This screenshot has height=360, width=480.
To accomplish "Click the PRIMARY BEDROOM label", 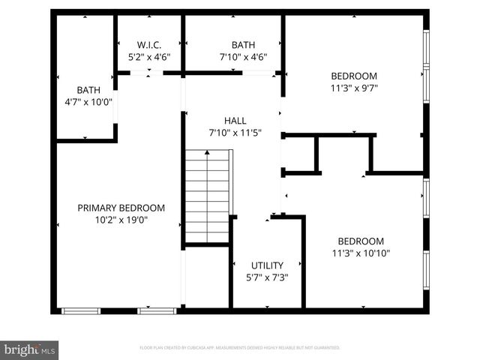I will pyautogui.click(x=121, y=208).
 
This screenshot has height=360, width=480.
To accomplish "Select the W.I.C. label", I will pyautogui.click(x=149, y=44).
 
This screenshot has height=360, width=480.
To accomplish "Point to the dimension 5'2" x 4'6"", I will pyautogui.click(x=149, y=56).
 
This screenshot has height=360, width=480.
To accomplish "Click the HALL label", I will pyautogui.click(x=235, y=121).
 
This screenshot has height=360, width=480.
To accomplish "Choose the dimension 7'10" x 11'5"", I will pyautogui.click(x=235, y=133).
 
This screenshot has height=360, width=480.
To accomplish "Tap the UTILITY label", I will pyautogui.click(x=267, y=265).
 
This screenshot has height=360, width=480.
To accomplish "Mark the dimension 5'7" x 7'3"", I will pyautogui.click(x=267, y=277).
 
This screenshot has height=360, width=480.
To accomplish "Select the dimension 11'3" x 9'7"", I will pyautogui.click(x=354, y=88).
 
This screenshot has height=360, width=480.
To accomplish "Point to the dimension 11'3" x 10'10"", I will pyautogui.click(x=361, y=253).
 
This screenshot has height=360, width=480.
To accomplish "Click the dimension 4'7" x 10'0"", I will pyautogui.click(x=88, y=102).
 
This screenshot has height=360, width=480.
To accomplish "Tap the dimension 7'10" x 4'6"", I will pyautogui.click(x=242, y=56).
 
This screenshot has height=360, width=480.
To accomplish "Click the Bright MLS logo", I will pyautogui.click(x=30, y=349).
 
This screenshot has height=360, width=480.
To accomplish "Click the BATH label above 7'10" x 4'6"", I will pyautogui.click(x=242, y=44).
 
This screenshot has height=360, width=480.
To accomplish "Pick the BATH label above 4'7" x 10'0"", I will pyautogui.click(x=88, y=90).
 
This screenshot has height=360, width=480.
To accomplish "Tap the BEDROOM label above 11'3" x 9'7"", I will pyautogui.click(x=354, y=76).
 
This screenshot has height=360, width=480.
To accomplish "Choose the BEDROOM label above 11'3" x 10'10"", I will pyautogui.click(x=361, y=241).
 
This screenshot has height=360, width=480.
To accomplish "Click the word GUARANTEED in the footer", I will pyautogui.click(x=324, y=348).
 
